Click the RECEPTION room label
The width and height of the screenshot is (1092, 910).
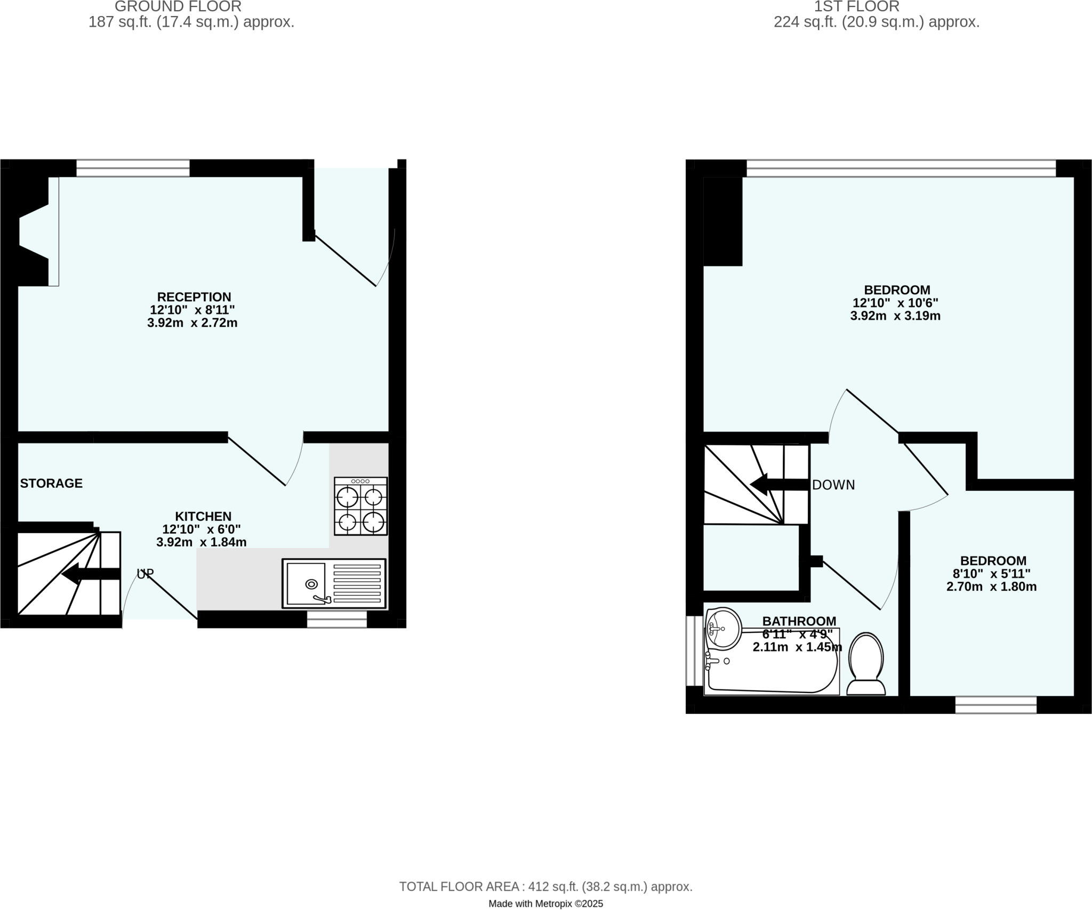[x=194, y=297]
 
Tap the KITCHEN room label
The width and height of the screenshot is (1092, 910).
[x=203, y=516]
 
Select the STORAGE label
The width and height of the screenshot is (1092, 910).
[x=51, y=484]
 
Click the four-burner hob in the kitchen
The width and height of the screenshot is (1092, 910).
[x=360, y=506]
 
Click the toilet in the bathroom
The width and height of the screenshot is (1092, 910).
[x=866, y=664]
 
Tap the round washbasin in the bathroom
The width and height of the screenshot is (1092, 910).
[x=723, y=629]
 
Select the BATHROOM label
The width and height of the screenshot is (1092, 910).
[x=799, y=621]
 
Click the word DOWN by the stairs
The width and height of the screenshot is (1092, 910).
[x=833, y=485]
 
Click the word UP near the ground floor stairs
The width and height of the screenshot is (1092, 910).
[x=145, y=574]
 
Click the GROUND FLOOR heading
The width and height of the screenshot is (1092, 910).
[x=178, y=7]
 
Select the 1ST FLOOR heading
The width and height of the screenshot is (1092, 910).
[x=857, y=7]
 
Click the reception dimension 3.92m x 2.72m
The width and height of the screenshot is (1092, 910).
[x=192, y=323]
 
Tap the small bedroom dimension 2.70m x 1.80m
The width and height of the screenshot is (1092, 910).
[x=991, y=587]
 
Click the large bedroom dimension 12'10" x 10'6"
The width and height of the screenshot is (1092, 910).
[x=896, y=303]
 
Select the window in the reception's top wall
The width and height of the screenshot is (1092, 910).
[x=133, y=168]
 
